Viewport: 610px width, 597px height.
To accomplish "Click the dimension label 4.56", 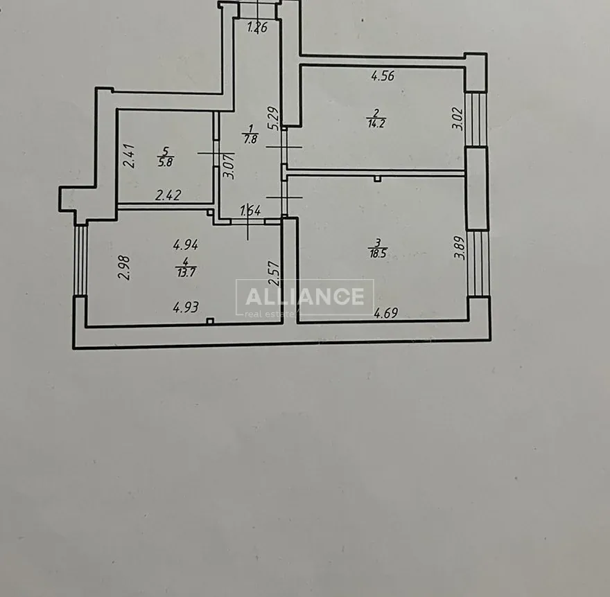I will (383, 77).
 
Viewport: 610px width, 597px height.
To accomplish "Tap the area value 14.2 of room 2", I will (377, 125).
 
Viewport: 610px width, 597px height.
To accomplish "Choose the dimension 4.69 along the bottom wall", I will (386, 313).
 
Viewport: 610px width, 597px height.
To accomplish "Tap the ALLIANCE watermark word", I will (304, 296).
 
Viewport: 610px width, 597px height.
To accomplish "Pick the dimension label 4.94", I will (186, 244).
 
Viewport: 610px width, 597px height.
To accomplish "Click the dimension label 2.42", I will (168, 196).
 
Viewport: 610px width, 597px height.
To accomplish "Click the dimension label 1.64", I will (250, 212).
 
